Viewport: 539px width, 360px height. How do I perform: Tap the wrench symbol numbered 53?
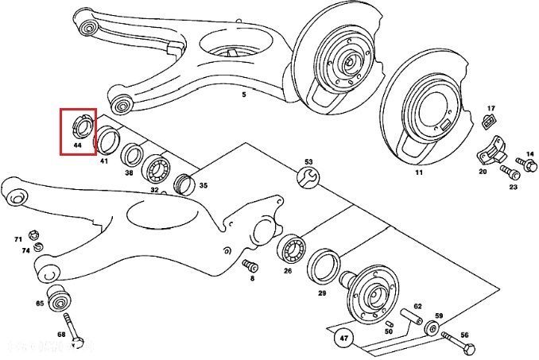coord(309,177)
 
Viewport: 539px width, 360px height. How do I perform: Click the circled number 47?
coord(343,337)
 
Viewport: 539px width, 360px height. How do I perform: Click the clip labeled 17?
coord(489,122)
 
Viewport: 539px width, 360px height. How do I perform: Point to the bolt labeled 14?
coord(524,164)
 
